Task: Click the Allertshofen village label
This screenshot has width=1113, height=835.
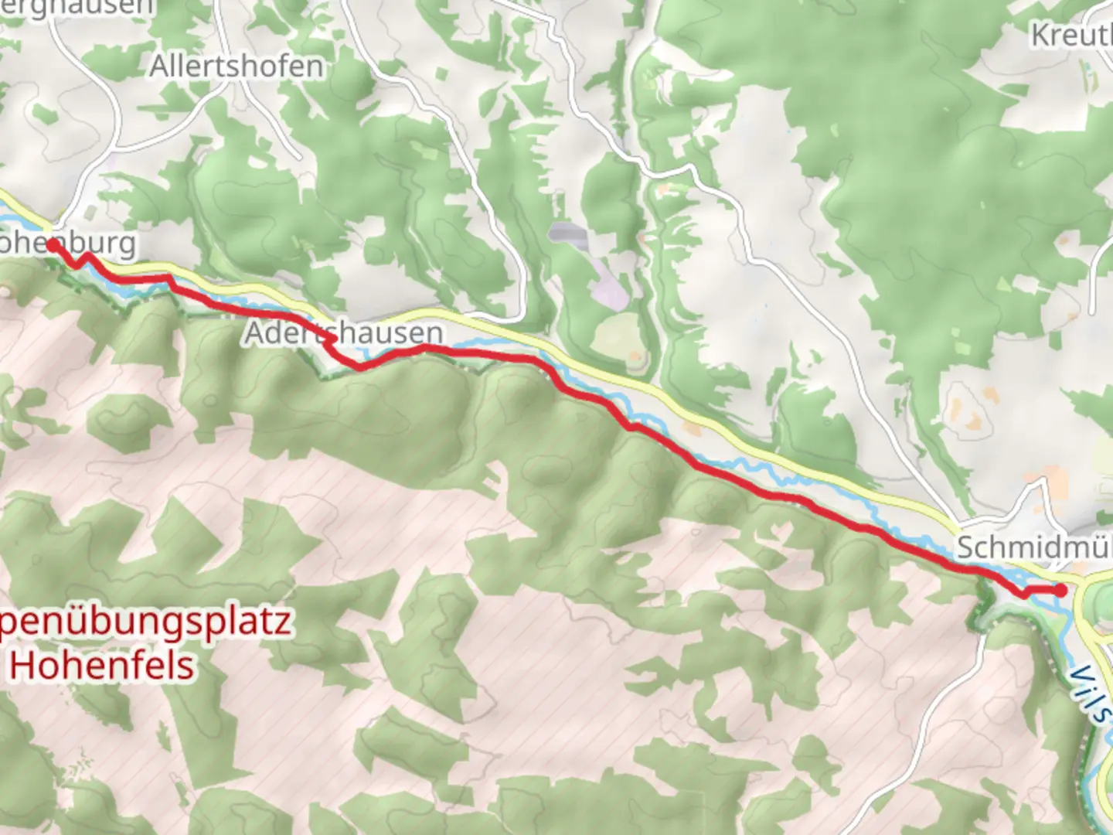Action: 237,66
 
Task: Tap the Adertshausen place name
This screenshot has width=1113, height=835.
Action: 344,333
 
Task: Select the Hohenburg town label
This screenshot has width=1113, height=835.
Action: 70,244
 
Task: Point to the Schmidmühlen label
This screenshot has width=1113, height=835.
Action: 1034,547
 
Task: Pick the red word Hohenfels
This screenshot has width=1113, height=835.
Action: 102,665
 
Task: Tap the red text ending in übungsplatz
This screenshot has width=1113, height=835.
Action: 147,622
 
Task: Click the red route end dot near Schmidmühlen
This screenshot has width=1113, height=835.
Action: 1061,591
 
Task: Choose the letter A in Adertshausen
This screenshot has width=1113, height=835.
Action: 256,333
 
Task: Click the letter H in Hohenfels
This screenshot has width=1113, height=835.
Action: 23,665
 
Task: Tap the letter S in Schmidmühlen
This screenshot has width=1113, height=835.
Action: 966,547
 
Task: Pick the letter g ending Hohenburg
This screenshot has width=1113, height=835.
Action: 126,246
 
